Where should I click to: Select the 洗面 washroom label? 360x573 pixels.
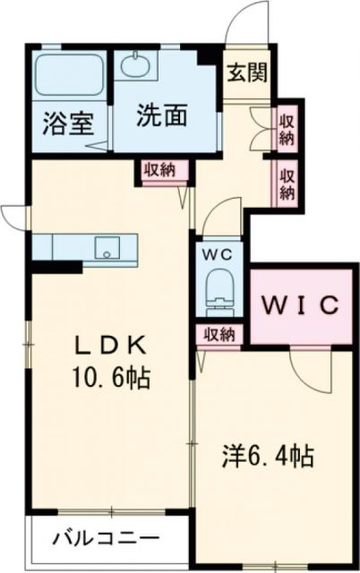click(x=162, y=115)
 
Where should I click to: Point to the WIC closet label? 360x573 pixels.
click(x=300, y=304)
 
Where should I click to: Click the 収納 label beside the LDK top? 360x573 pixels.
click(x=162, y=170)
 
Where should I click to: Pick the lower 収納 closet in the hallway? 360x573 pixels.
click(x=287, y=183)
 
